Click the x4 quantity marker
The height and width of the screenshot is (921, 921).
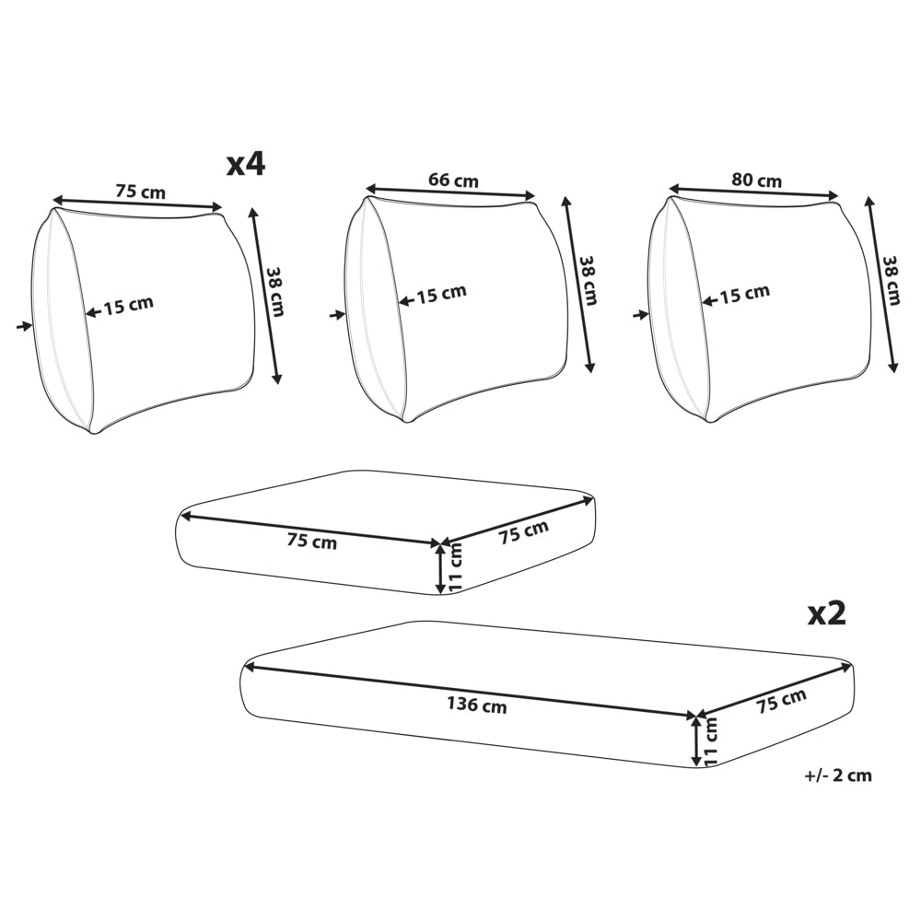pyautogui.click(x=246, y=165)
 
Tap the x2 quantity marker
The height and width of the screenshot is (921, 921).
pyautogui.click(x=827, y=613)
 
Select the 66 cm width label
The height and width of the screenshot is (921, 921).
pyautogui.click(x=453, y=180)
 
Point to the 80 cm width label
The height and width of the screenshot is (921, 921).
pyautogui.click(x=756, y=180)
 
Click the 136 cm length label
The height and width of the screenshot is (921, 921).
pyautogui.click(x=477, y=704)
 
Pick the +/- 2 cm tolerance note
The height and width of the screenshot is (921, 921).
pyautogui.click(x=838, y=775)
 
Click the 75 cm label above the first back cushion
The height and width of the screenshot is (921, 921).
pyautogui.click(x=140, y=191)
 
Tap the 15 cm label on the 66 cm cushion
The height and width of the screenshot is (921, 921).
pyautogui.click(x=442, y=295)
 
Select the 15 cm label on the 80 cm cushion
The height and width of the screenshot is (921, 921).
pyautogui.click(x=745, y=295)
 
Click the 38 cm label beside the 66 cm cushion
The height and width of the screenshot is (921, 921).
pyautogui.click(x=589, y=280)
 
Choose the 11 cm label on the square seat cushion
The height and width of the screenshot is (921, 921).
pyautogui.click(x=455, y=566)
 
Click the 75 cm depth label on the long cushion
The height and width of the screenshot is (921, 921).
pyautogui.click(x=781, y=701)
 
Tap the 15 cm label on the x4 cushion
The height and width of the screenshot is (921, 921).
pyautogui.click(x=129, y=306)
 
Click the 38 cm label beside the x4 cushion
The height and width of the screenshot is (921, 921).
pyautogui.click(x=275, y=292)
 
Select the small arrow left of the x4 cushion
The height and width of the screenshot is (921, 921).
pyautogui.click(x=25, y=326)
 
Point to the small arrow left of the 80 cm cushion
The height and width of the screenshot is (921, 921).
pyautogui.click(x=641, y=315)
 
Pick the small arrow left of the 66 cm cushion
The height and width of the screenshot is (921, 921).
pyautogui.click(x=337, y=315)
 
